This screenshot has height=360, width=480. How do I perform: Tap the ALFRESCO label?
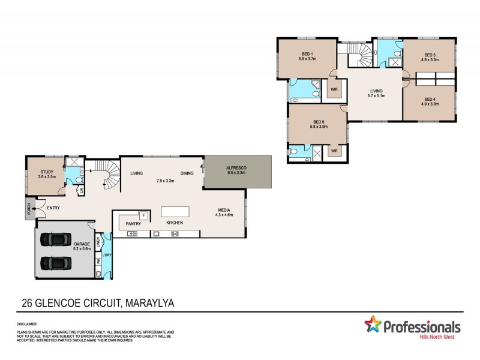tap(237, 168)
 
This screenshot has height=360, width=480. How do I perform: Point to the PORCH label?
tap(28, 209)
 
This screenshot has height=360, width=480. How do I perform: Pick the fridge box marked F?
tap(143, 215)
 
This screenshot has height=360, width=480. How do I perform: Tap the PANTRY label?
tap(133, 224)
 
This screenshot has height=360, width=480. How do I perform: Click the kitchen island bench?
tap(175, 212)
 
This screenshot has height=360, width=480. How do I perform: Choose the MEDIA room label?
tap(224, 210)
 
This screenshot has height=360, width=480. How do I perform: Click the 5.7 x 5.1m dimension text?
tap(376, 95)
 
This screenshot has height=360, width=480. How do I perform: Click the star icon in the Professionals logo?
tap(373, 326)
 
